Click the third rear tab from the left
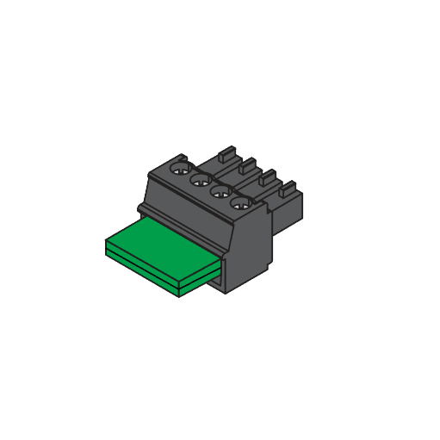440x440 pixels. point(268,177)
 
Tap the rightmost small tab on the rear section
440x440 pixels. point(288,186)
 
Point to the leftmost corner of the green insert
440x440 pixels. point(106,242)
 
